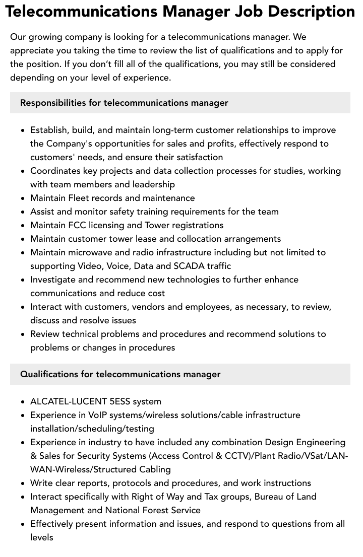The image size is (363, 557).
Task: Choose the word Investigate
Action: [x=53, y=280]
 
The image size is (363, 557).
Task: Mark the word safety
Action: [x=122, y=212]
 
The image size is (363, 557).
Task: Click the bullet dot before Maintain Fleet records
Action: [x=23, y=198]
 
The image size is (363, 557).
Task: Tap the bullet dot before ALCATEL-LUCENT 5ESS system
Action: [x=23, y=402]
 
